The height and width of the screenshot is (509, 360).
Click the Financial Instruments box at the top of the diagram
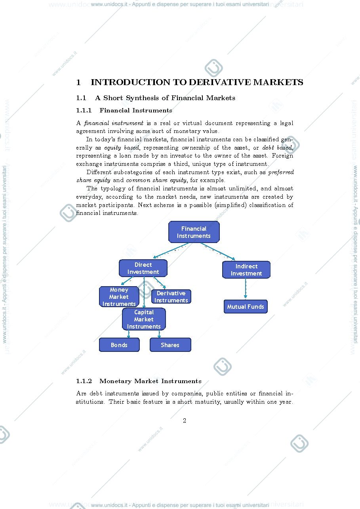[194, 232]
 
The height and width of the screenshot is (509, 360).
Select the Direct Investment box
[143, 268]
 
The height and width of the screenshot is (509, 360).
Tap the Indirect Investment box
[246, 270]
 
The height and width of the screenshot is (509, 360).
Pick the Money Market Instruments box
[119, 296]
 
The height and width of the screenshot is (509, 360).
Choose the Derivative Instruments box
[171, 296]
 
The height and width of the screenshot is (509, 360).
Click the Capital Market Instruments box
[144, 319]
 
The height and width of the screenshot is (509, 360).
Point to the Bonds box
[119, 345]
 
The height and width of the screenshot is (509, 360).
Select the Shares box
[170, 345]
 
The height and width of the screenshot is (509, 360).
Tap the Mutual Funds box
[246, 306]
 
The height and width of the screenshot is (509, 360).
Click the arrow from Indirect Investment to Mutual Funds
[246, 288]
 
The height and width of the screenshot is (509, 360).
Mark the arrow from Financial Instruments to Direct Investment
[171, 251]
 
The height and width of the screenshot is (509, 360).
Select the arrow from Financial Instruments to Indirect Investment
[218, 251]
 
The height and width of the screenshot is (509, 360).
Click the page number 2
[185, 421]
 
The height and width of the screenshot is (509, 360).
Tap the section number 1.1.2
[84, 381]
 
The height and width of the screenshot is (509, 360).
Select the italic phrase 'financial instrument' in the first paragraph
[114, 123]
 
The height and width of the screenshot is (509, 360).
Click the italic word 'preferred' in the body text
[281, 173]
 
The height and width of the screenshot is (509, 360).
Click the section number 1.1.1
[84, 110]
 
